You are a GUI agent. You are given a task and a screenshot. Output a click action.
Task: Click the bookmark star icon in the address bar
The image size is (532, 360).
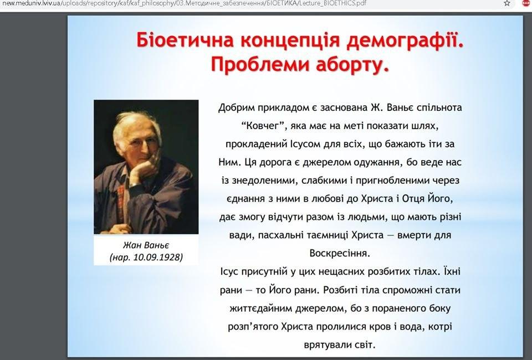[507, 3]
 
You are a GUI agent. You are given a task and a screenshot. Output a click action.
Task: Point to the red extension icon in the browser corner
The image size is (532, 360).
[526, 3]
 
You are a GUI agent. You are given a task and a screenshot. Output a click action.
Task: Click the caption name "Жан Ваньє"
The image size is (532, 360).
[145, 245]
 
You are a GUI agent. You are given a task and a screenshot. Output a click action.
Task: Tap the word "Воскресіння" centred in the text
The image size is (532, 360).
[340, 253]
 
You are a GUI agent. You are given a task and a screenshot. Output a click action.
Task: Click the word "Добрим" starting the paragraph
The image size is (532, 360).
[236, 107]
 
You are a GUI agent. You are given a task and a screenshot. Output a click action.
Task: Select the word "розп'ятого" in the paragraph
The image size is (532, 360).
[254, 326]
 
